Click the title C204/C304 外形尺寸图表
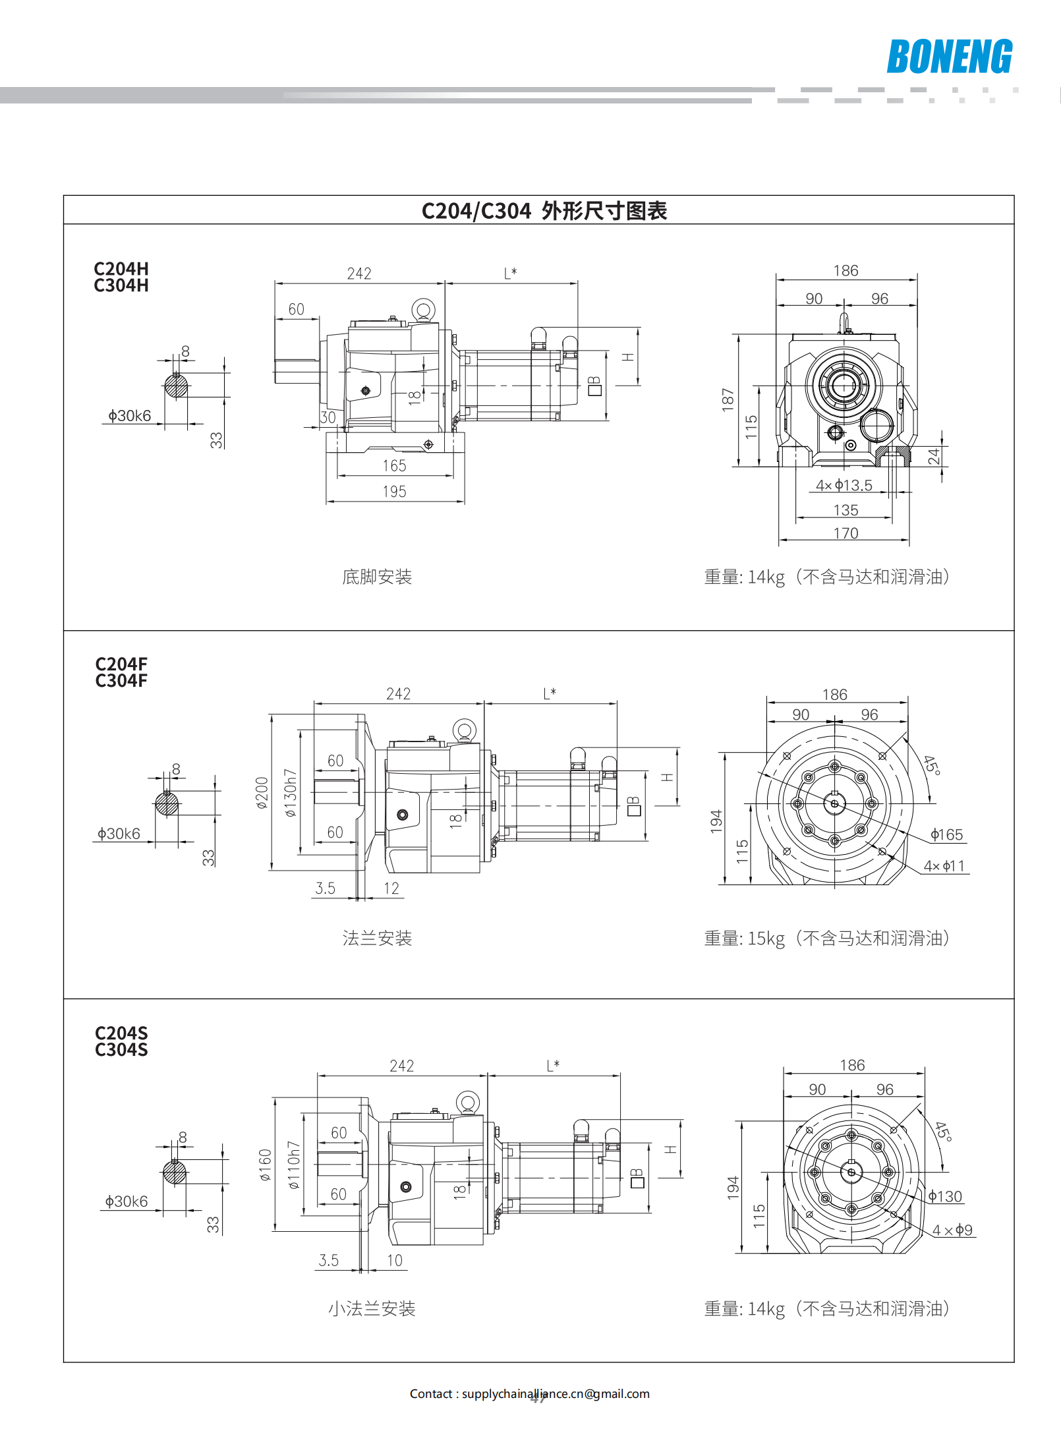[544, 211]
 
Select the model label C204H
[121, 269]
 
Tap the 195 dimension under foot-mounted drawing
[394, 492]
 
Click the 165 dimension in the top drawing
[394, 466]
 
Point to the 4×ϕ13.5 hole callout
[844, 486]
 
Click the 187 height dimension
[728, 399]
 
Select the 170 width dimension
[846, 533]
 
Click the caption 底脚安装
[377, 577]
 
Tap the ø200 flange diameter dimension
[262, 792]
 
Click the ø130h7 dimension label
[291, 792]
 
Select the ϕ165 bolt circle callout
[946, 835]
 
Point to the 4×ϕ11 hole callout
[944, 866]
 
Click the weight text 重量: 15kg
[744, 939]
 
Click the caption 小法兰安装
[372, 1309]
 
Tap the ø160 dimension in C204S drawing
[265, 1165]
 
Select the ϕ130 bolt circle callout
[945, 1197]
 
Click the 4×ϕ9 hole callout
[952, 1231]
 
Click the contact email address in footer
[556, 1394]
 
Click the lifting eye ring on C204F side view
[465, 730]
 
